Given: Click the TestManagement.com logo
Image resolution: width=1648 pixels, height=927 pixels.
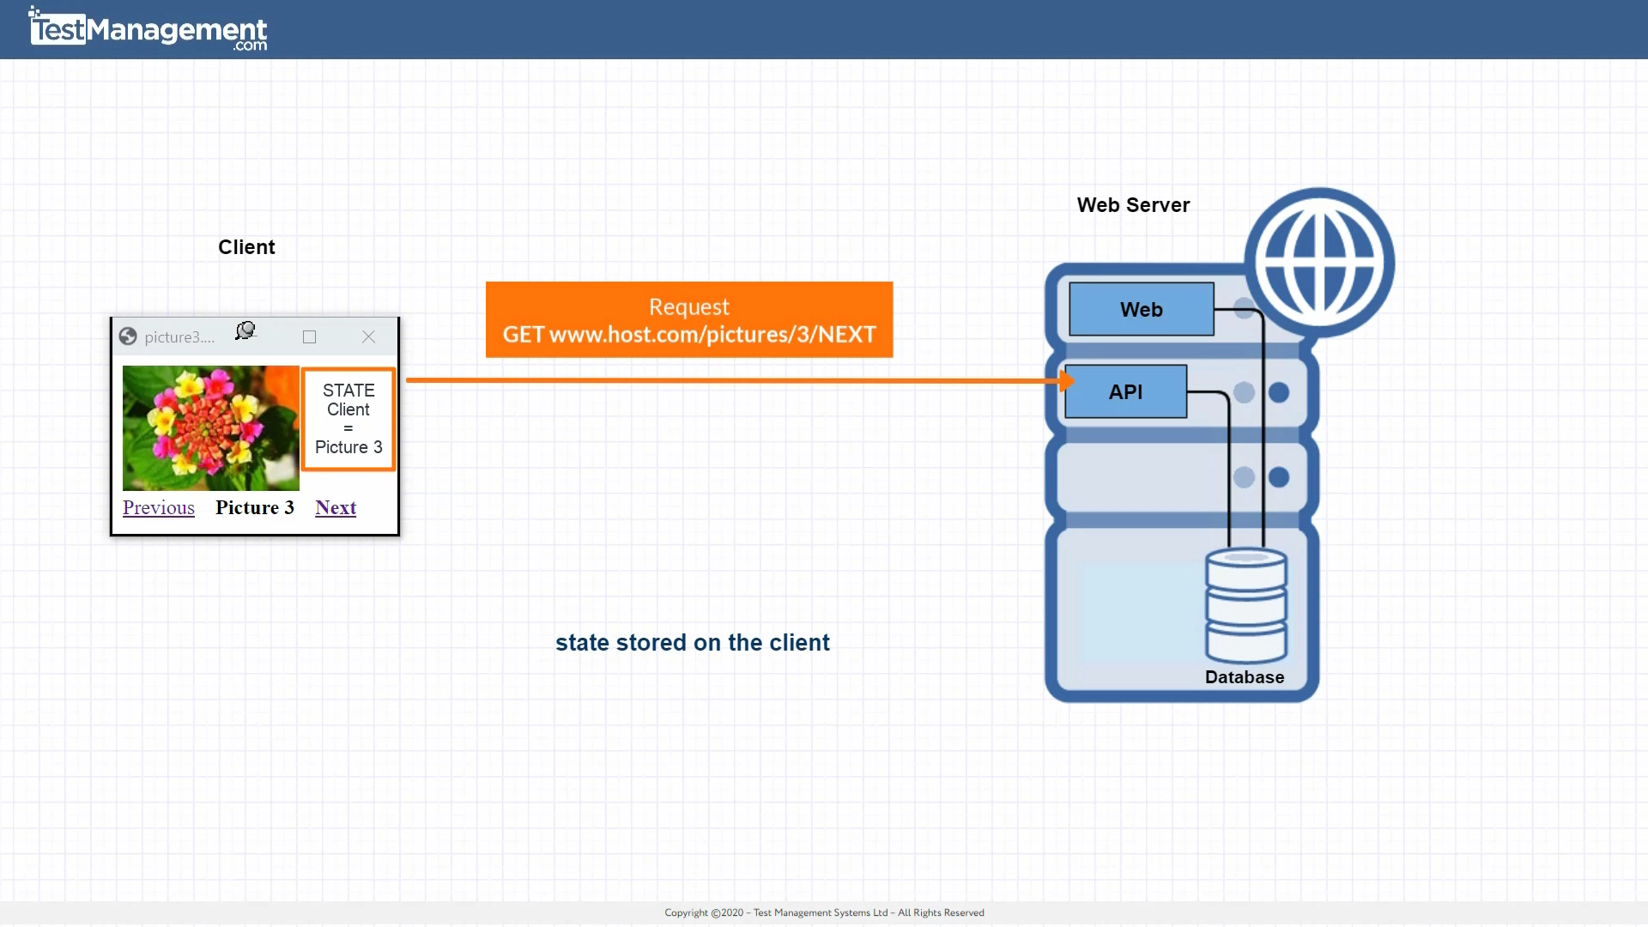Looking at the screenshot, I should pos(148,30).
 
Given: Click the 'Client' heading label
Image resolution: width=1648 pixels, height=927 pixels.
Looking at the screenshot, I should pos(246,247).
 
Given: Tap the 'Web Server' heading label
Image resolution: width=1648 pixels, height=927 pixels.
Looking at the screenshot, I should pos(1133,205).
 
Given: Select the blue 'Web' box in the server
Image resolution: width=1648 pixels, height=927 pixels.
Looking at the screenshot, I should pos(1141,310).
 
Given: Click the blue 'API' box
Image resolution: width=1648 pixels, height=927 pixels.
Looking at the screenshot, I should pos(1125,392).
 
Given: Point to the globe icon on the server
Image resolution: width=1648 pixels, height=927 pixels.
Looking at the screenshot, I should pos(1319,263).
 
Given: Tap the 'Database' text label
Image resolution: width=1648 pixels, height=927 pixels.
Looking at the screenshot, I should pos(1244,677).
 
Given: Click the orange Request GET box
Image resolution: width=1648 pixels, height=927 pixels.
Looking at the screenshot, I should pos(688,320).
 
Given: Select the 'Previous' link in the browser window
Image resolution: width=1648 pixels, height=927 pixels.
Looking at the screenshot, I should pos(159,508).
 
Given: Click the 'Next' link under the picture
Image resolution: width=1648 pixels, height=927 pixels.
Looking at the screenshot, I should pos(336,508).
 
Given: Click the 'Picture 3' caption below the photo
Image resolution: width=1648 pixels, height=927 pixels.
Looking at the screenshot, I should pos(255,508).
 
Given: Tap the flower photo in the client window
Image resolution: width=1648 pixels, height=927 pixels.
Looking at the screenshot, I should pos(210,428).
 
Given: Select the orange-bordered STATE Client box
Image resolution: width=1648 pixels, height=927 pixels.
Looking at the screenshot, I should pos(348,420).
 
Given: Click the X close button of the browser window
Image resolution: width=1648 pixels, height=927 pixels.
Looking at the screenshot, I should pos(368,337).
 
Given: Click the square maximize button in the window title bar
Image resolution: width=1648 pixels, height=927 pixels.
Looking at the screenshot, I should pos(310,337).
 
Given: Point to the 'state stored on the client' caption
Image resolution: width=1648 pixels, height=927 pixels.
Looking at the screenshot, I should pos(692,643).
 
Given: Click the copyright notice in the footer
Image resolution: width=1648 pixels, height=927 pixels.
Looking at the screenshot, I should pos(824,912).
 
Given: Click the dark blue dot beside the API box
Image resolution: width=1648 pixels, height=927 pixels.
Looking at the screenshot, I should pos(1278,393).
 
